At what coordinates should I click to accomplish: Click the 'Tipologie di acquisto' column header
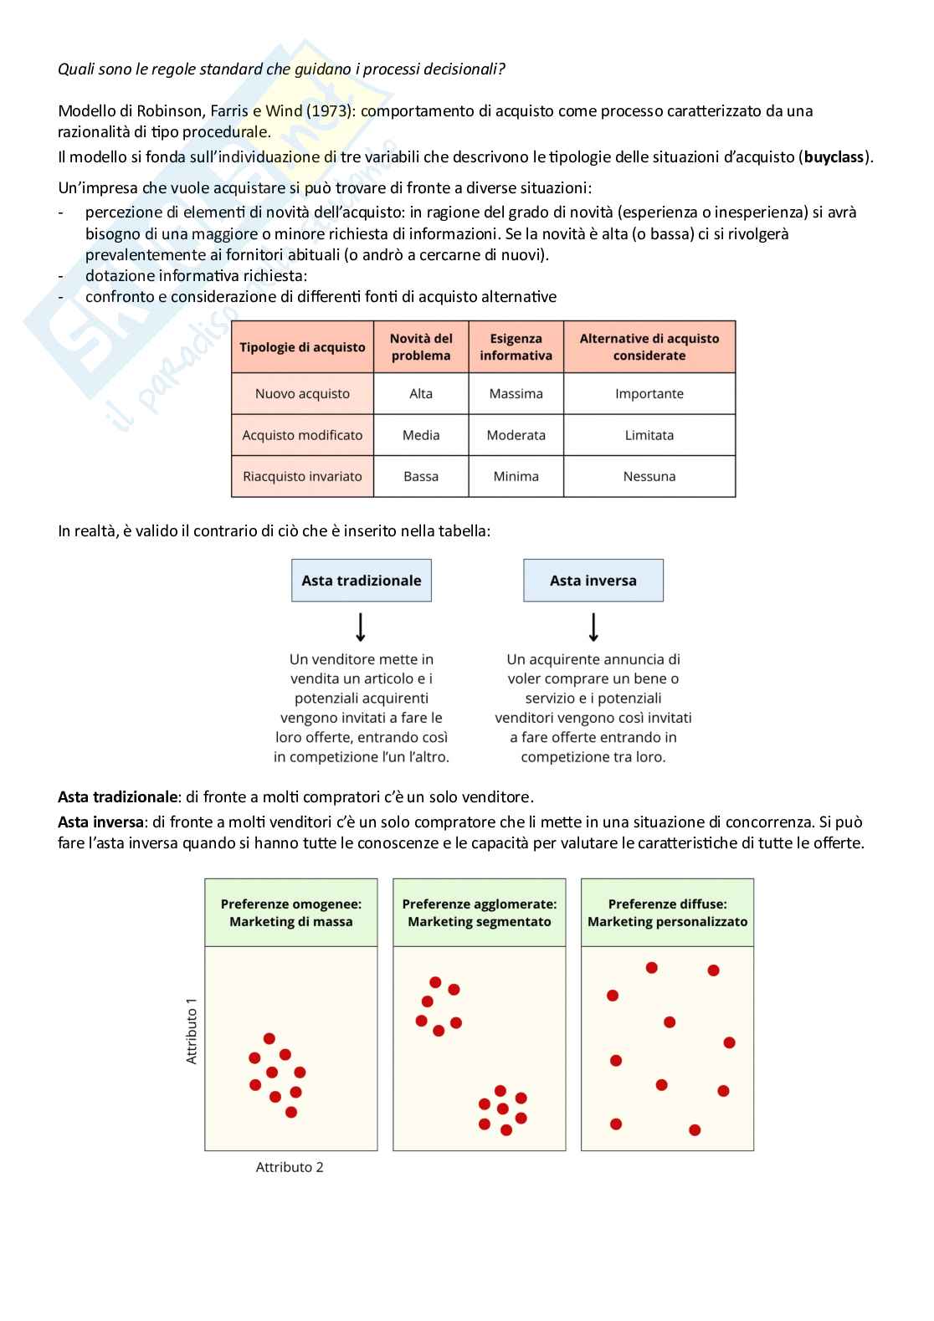tap(302, 347)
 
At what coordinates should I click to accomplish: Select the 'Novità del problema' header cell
tap(421, 347)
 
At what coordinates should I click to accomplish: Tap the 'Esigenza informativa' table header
tap(516, 347)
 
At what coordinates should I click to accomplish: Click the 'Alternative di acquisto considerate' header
tap(649, 347)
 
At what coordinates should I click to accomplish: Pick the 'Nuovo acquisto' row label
tap(302, 393)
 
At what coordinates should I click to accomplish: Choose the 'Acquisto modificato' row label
tap(302, 435)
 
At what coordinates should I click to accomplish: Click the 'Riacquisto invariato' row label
tap(302, 476)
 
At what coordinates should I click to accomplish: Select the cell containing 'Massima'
tap(516, 393)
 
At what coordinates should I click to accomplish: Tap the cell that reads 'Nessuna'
tap(649, 476)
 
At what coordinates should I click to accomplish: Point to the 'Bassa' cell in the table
tap(421, 476)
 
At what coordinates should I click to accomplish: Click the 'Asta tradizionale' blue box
tap(362, 581)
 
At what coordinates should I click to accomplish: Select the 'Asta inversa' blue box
tap(593, 581)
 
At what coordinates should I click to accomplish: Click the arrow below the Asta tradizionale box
tap(362, 627)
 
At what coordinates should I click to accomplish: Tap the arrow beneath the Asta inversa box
tap(593, 627)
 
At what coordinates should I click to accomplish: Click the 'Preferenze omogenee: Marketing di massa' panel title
tap(291, 913)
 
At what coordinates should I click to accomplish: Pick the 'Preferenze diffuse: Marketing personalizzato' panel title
tap(667, 913)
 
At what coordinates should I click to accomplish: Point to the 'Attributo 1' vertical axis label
tap(192, 1031)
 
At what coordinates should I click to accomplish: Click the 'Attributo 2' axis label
tap(290, 1167)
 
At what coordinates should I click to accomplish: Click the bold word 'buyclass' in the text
tap(834, 157)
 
